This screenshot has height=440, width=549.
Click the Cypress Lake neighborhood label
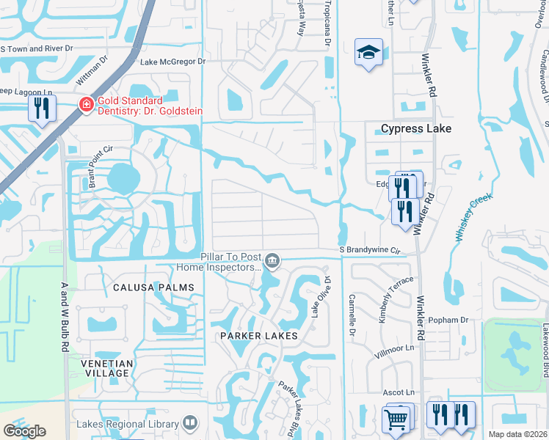point(415,128)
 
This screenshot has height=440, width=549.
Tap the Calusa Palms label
point(153,287)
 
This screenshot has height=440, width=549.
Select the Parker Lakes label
point(258,336)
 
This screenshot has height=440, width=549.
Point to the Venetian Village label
point(107,368)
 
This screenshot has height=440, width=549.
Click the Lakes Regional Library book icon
point(189,422)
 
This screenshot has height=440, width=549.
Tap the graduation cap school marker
point(368,52)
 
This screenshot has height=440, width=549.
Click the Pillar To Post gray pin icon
point(272,260)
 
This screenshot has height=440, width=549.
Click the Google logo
point(25,430)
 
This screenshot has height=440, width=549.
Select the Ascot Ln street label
point(399,393)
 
